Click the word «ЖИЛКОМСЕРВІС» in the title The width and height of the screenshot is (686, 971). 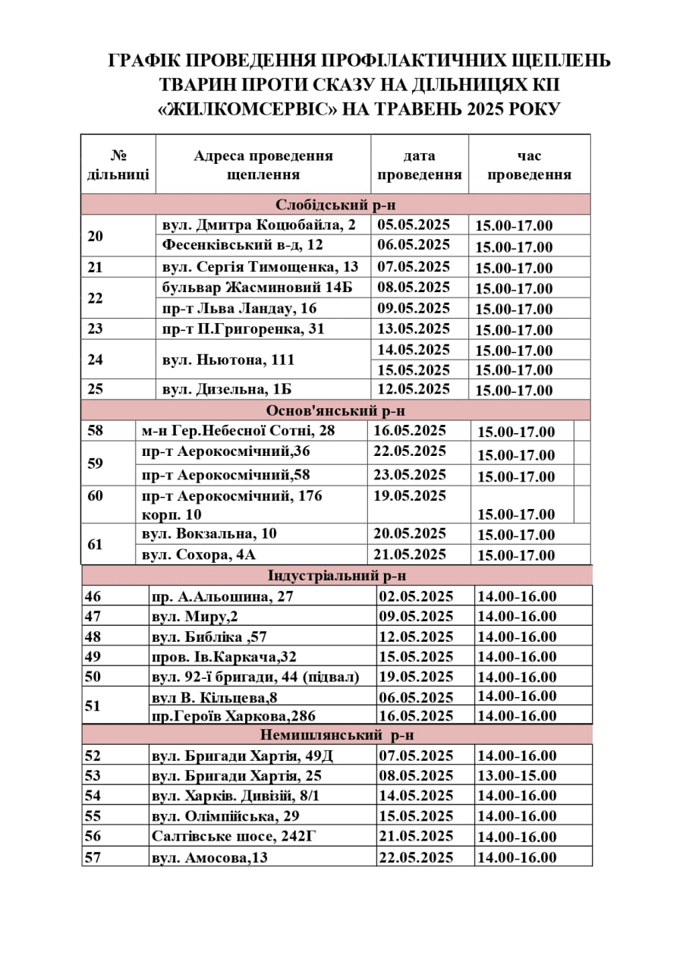point(248,108)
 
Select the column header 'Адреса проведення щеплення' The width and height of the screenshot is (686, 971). point(263,165)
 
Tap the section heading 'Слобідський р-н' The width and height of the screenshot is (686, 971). point(335,205)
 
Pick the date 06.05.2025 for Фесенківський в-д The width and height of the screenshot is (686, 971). point(414,245)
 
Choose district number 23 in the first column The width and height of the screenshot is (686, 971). point(96,328)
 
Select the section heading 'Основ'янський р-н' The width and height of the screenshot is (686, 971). point(335,410)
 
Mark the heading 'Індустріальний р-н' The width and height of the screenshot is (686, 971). point(337,576)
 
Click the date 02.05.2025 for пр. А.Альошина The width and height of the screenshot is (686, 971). point(415,596)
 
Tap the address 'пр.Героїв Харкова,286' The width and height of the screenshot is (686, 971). point(234,715)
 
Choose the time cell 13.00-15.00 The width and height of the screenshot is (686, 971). point(517,775)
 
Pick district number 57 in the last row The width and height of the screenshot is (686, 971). point(93,857)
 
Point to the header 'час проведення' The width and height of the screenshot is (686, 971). point(529,165)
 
